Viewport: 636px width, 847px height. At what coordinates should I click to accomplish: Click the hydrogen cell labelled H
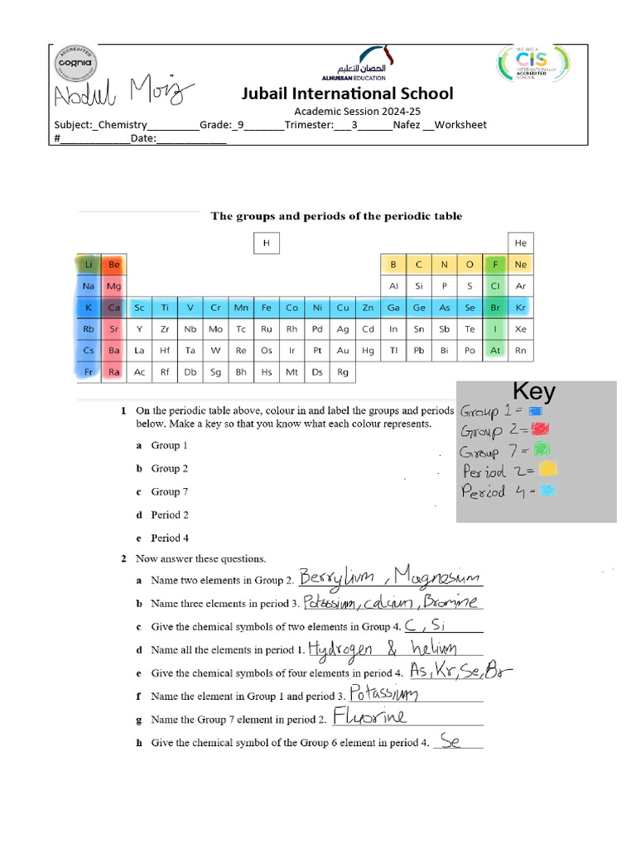tap(267, 243)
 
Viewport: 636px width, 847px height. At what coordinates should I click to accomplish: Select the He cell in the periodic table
tap(521, 243)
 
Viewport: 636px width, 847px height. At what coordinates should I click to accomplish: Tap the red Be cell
tap(114, 265)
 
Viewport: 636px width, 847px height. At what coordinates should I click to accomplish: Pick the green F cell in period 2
tap(495, 265)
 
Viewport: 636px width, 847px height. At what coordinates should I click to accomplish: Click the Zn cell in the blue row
tap(368, 308)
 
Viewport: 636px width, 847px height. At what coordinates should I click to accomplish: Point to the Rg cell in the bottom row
tap(343, 372)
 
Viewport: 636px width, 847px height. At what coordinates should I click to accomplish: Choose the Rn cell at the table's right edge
tap(521, 351)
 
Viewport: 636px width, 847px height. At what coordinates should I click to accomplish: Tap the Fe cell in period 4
tap(267, 308)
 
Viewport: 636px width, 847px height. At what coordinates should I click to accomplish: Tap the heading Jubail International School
tap(347, 93)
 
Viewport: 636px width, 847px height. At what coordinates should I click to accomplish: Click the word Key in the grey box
tap(534, 391)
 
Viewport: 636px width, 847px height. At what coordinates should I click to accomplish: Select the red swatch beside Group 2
tap(540, 429)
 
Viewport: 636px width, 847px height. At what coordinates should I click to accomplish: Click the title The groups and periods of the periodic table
tap(336, 216)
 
